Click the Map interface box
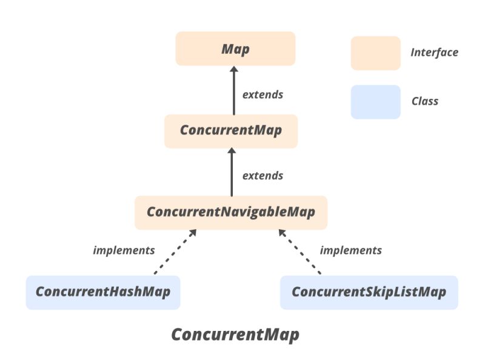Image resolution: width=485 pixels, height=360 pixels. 235,49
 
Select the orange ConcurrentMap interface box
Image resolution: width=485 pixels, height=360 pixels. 231,131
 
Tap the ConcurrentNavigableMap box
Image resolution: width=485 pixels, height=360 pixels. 230,213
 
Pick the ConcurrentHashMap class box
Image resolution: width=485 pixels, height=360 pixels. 103,292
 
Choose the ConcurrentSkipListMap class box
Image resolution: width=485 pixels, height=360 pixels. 369,292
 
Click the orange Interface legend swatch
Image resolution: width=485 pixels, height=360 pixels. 375,53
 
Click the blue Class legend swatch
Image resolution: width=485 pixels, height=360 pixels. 375,102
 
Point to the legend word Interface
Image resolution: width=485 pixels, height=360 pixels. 434,53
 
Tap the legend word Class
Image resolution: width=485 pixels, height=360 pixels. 424,101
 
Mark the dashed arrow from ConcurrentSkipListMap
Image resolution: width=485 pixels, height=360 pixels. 299,253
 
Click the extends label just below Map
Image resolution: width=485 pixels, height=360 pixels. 263,95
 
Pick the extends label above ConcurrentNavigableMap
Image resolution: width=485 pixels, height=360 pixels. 263,176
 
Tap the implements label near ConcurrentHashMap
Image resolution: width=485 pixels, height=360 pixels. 124,250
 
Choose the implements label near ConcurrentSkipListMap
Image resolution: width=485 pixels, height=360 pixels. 350,250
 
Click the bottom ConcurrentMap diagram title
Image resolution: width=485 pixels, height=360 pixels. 235,335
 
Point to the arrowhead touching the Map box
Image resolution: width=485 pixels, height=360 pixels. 234,70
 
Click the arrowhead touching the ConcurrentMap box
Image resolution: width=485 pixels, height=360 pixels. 232,153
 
